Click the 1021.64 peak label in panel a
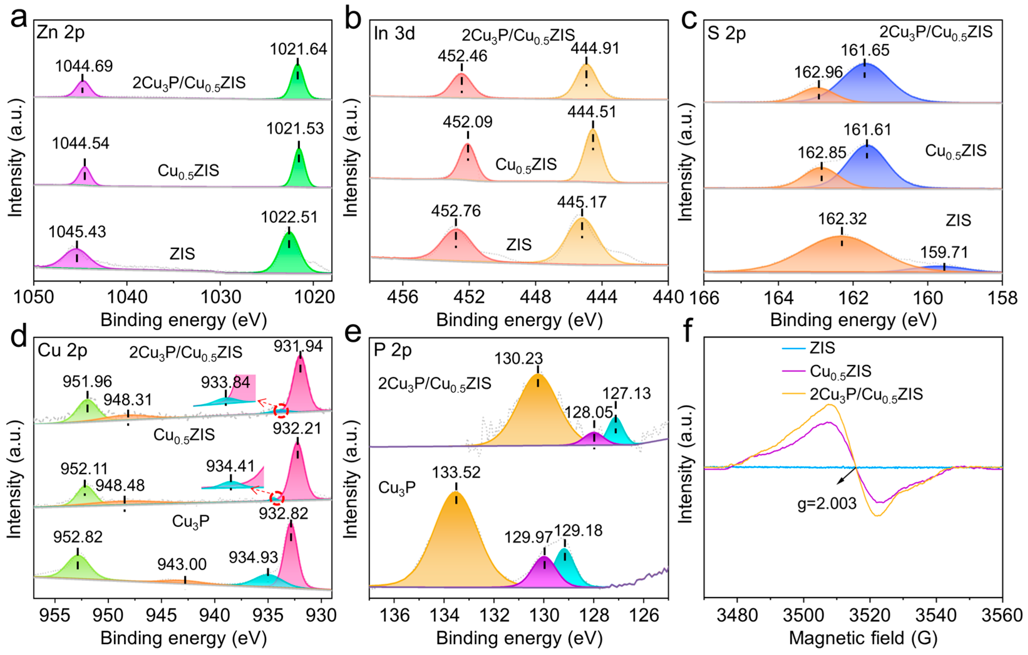point(298,49)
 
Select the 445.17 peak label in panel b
point(581,202)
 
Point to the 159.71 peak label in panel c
point(943,252)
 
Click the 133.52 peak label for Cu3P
point(456,472)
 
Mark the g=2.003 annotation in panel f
point(827,503)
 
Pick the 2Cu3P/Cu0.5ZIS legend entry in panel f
point(866,394)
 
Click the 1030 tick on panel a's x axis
point(220,297)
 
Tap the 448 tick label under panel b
point(535,297)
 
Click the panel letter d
point(18,336)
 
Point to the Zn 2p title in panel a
point(61,33)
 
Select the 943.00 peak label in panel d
point(182,564)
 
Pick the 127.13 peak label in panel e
point(626,393)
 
